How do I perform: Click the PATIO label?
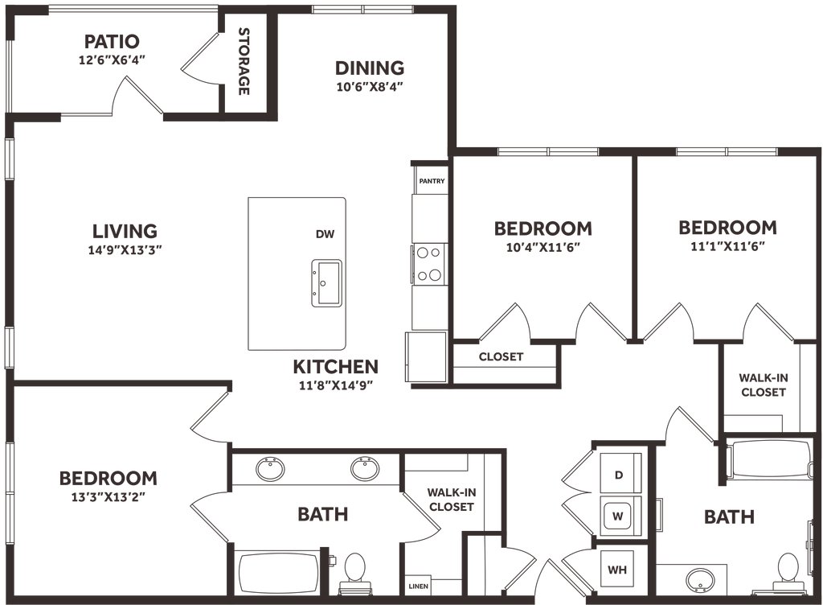(x=112, y=41)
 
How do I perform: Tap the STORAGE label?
(x=244, y=61)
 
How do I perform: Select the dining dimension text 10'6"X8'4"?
(x=370, y=87)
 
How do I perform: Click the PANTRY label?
(x=432, y=181)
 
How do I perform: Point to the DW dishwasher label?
(x=325, y=234)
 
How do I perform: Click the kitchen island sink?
(x=326, y=283)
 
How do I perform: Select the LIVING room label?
(x=125, y=231)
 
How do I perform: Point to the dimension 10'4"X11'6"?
(x=543, y=247)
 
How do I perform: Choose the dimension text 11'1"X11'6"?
(x=727, y=246)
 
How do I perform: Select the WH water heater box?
(x=617, y=570)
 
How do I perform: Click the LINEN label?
(x=418, y=586)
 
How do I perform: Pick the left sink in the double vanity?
(x=270, y=468)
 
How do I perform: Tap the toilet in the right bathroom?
(x=788, y=573)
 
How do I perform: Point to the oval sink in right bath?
(x=700, y=580)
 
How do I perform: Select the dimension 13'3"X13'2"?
(x=109, y=497)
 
